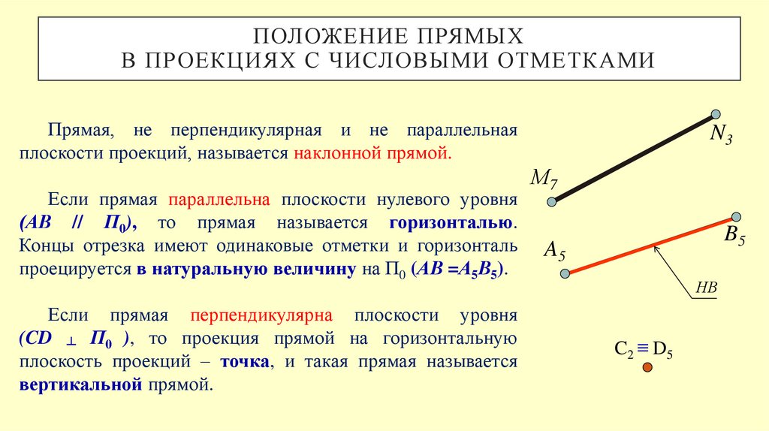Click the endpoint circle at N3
[715, 115]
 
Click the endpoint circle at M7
[552, 201]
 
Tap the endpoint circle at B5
[736, 217]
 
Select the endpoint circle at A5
[565, 274]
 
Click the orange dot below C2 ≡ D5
[647, 367]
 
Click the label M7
[544, 179]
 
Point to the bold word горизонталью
[451, 223]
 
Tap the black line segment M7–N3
[633, 158]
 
